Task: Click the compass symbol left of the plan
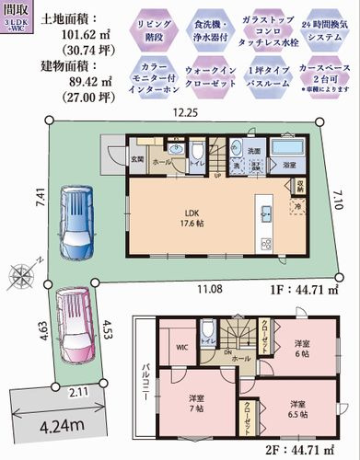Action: (x=20, y=273)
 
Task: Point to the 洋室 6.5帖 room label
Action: (x=294, y=408)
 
